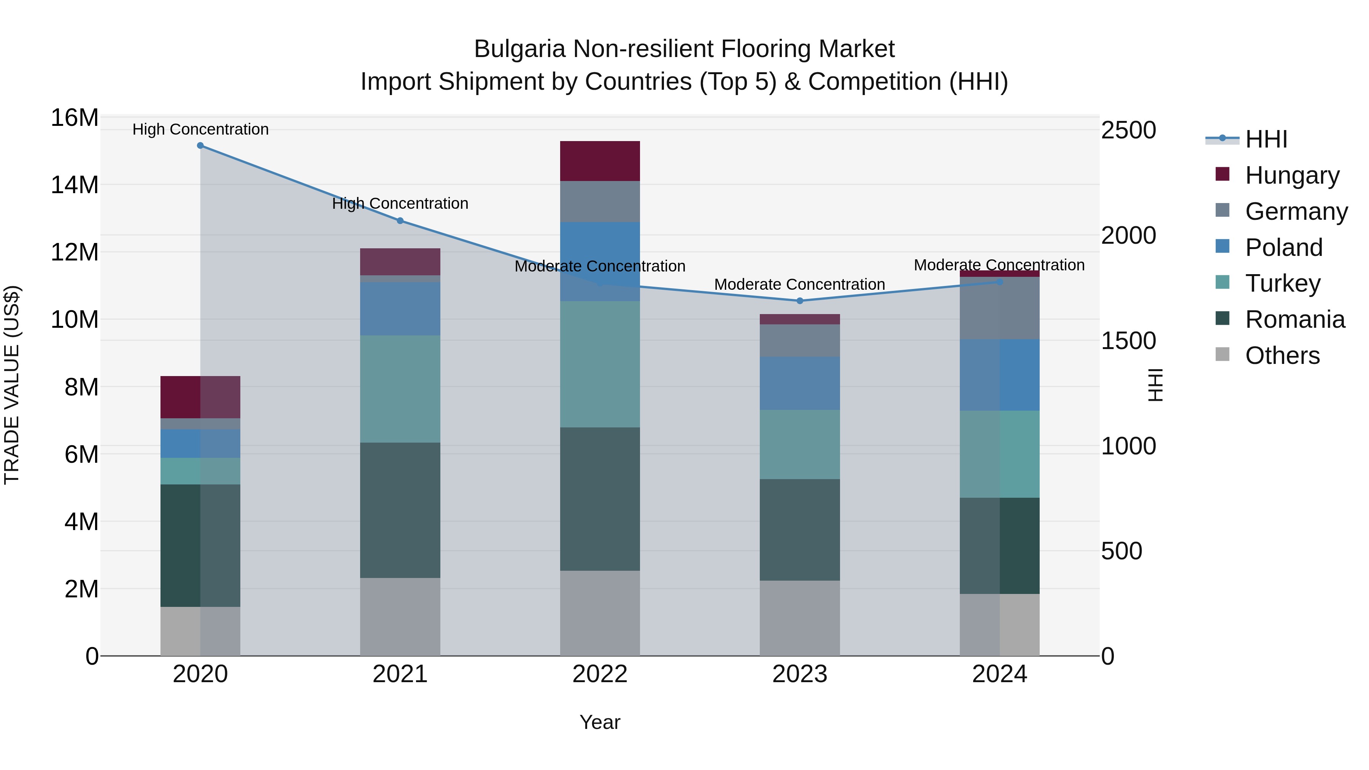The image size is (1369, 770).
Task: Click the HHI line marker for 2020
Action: point(200,146)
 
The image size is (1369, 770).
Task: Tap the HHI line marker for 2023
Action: point(800,301)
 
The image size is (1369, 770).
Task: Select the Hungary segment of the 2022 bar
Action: point(600,161)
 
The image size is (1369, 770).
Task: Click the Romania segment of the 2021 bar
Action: point(400,510)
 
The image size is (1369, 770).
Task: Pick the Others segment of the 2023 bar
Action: point(800,618)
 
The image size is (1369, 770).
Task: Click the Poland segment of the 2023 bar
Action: point(800,383)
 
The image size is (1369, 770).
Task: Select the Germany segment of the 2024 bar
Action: point(1000,308)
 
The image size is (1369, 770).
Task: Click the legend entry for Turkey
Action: point(1282,283)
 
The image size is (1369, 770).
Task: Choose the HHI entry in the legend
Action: point(1266,139)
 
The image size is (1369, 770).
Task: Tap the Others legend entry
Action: point(1282,356)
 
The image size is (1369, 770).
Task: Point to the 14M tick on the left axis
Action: point(75,185)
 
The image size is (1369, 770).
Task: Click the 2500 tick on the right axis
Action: point(1128,130)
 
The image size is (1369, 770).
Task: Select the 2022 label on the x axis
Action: point(600,674)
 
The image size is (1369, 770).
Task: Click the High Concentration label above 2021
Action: point(400,203)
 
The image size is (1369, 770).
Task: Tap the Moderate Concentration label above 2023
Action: point(800,284)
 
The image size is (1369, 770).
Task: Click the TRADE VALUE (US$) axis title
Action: point(12,385)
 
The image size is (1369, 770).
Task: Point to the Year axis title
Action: point(600,722)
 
